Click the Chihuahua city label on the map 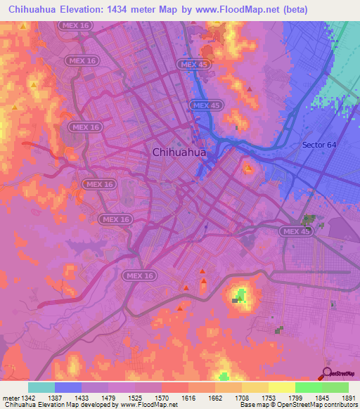point(179,151)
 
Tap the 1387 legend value point(54,397)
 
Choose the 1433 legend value point(82,397)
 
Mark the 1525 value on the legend point(135,397)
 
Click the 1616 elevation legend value point(188,397)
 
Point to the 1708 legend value point(242,397)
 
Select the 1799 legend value point(295,397)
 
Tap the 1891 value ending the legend point(349,397)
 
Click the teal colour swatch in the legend point(41,387)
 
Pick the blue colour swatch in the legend point(68,387)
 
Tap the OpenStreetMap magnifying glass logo point(327,372)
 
